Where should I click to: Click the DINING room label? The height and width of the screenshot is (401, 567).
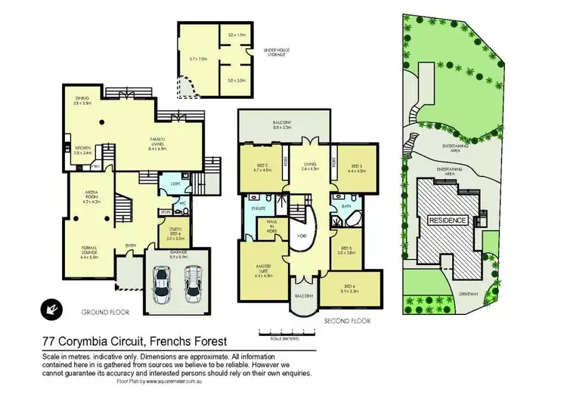click(83, 98)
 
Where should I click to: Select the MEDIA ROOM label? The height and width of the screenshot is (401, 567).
click(91, 199)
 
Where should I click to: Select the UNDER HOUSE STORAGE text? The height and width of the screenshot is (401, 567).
click(277, 54)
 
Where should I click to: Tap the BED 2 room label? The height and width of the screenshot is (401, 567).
click(259, 168)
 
